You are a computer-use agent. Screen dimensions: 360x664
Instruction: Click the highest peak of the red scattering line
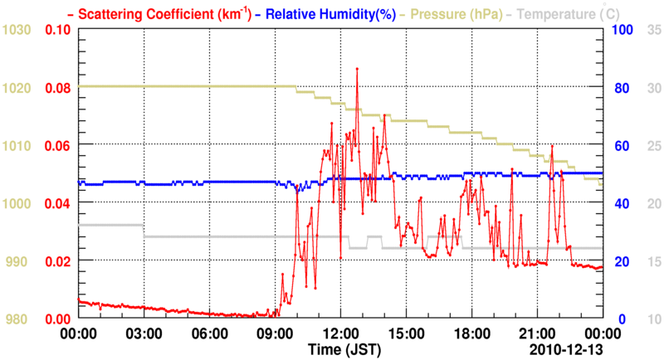click(x=357, y=69)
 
